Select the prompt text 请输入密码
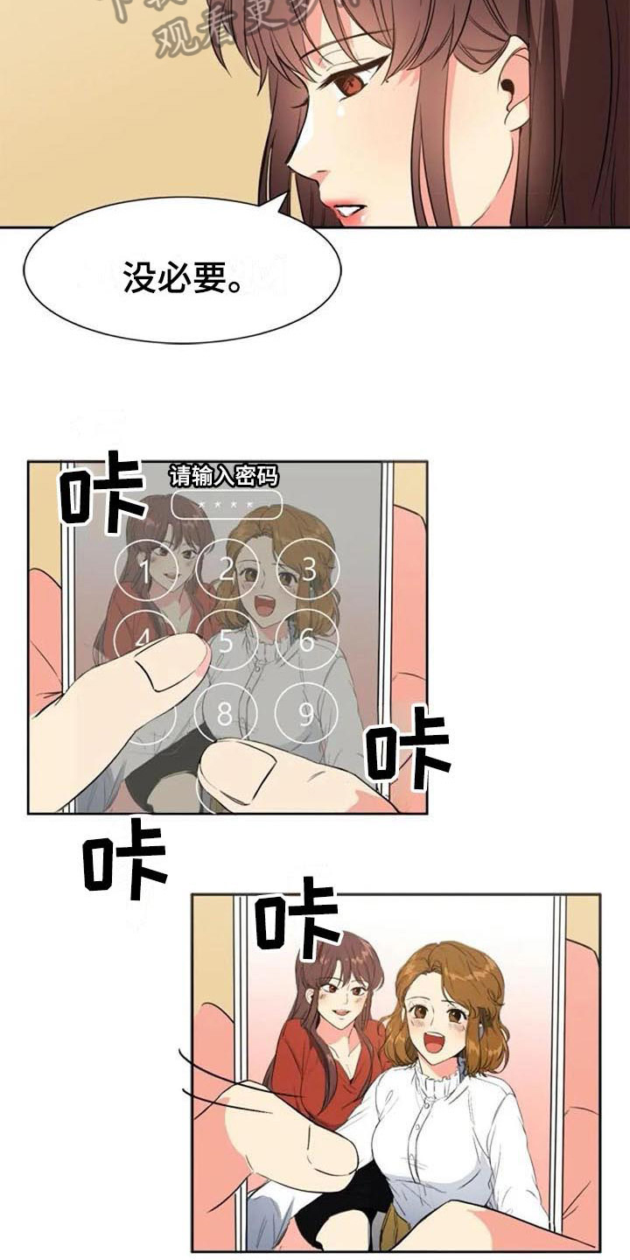coord(223,476)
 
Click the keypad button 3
coord(308,570)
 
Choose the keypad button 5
coord(227,641)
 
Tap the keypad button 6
coord(306,641)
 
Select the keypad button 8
coord(226,715)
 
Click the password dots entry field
coord(227,505)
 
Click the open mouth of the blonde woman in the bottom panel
coord(435,1043)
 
